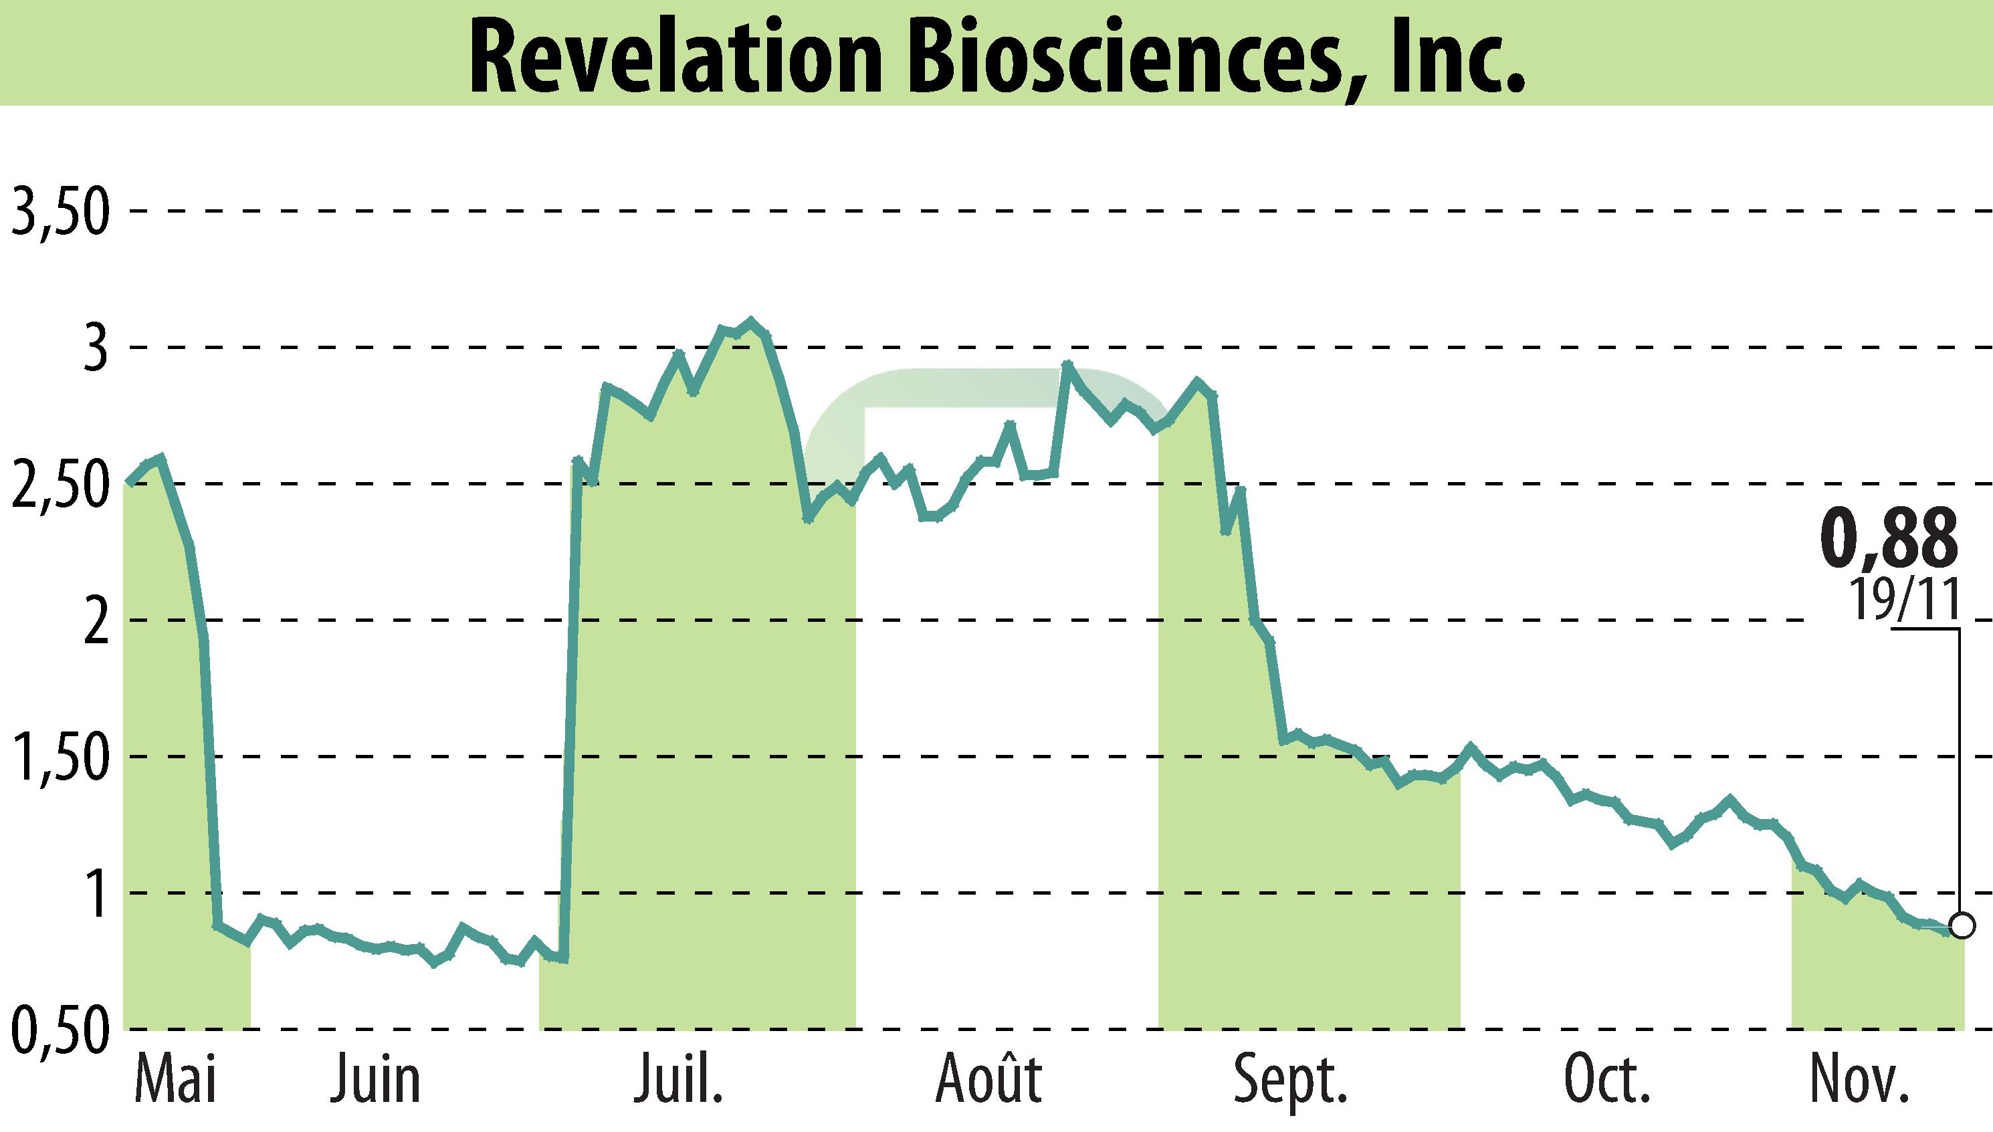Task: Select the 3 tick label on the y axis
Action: click(x=95, y=349)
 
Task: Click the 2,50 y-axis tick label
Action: click(x=59, y=486)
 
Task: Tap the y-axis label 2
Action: click(x=95, y=622)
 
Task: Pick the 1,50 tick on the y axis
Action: click(x=59, y=759)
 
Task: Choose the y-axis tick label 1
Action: click(x=96, y=895)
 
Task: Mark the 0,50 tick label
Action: click(x=59, y=1032)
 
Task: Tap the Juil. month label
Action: click(x=678, y=1081)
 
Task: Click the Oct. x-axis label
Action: click(x=1606, y=1081)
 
